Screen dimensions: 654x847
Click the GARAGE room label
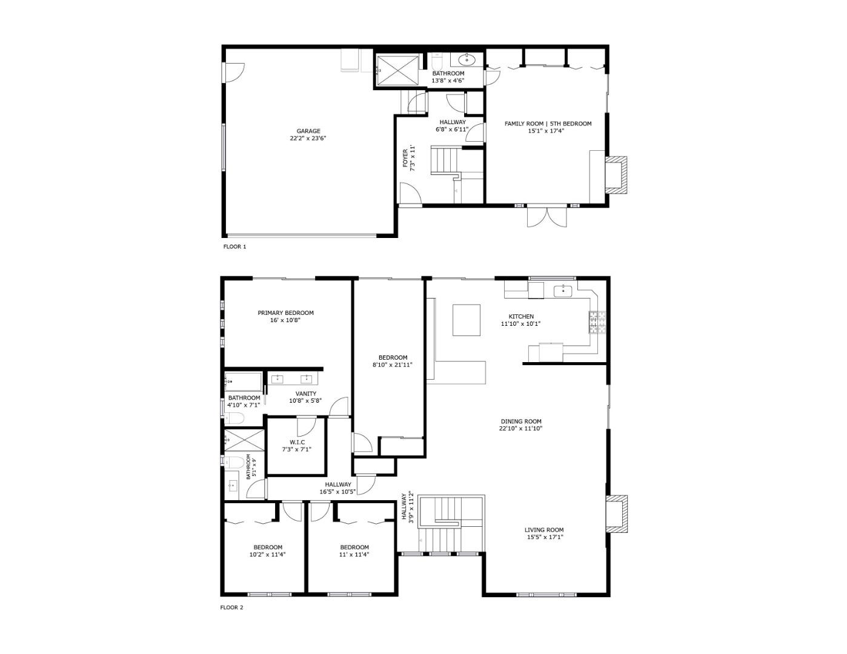pos(308,131)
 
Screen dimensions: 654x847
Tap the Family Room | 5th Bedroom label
pos(548,124)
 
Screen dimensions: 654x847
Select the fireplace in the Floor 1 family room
pos(616,176)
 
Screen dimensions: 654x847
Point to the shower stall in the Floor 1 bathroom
pos(397,70)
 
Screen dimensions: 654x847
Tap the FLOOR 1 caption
pos(235,247)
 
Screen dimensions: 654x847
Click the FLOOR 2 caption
pos(231,607)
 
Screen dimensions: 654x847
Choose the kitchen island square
pos(467,320)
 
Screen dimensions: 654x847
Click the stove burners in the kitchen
pos(597,323)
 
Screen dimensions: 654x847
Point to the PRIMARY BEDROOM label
pos(285,313)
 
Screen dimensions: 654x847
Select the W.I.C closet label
pos(297,442)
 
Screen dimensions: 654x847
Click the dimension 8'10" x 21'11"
pos(392,365)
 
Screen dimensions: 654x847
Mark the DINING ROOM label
pos(520,421)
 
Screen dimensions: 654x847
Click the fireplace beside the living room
pos(616,514)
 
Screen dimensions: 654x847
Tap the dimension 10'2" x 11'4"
pos(267,554)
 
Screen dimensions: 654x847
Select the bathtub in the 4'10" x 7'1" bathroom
pos(243,381)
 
